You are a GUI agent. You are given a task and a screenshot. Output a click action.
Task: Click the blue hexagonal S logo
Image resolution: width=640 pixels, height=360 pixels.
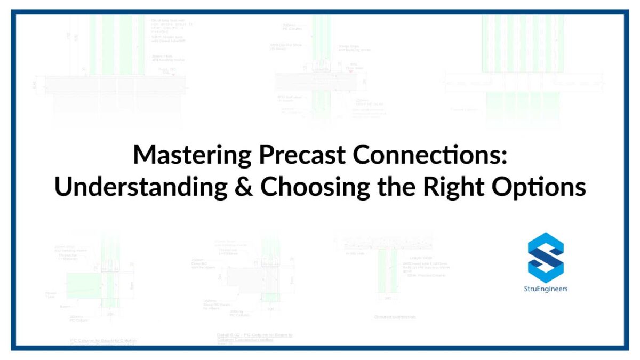coord(546,257)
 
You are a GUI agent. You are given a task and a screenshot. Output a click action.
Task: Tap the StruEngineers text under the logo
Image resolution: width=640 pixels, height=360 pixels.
coord(546,289)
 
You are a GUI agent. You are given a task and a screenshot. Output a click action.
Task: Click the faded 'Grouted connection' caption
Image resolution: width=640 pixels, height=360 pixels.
coord(395,317)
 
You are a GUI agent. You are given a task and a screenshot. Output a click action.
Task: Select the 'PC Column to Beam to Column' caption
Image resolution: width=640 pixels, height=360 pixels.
coord(103,340)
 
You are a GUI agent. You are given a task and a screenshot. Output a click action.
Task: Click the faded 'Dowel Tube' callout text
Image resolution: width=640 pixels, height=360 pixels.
coord(51,294)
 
